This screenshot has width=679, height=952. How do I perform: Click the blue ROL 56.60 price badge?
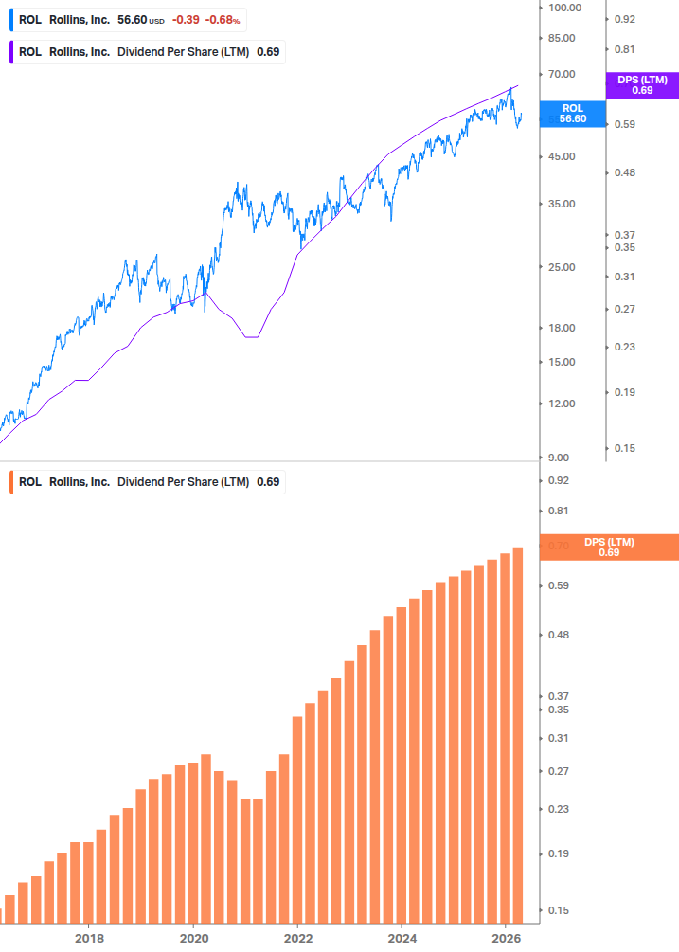[572, 114]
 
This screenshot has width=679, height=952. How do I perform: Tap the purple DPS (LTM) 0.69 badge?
[642, 85]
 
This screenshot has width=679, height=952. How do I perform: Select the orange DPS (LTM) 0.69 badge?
[608, 547]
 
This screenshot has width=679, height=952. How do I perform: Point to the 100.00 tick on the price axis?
[564, 8]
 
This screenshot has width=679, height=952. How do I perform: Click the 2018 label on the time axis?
[89, 938]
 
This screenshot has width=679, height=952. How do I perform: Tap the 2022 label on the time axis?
[297, 938]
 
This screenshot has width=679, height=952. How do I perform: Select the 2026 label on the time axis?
[506, 938]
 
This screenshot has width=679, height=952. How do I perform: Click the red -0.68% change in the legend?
[223, 19]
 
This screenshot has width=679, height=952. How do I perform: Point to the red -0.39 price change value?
[186, 19]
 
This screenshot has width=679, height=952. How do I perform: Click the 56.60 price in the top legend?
[131, 19]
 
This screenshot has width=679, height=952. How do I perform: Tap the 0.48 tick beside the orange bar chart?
[559, 635]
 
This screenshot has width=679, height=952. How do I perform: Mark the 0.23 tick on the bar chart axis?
[559, 809]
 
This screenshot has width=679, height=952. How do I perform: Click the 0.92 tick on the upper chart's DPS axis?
[624, 19]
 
